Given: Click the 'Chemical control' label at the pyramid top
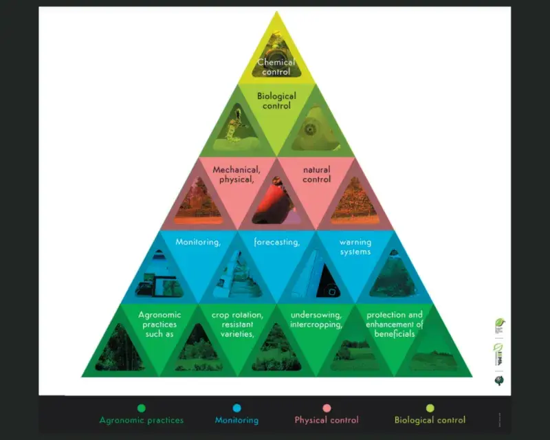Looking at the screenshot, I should pos(276,67).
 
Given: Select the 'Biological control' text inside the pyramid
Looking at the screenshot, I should pos(276,101).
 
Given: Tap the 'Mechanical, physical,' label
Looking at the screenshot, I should pos(236,175).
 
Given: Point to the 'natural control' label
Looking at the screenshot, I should pos(316,175).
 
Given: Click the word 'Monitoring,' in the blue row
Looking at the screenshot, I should pos(198,242).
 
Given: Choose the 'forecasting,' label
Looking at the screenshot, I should pos(276,242).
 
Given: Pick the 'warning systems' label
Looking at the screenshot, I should pos(355,247).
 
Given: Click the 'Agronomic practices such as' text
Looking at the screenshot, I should pos(159,324).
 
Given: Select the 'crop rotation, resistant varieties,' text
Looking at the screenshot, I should pos(237,324).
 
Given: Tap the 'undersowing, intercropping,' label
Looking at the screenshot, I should pos(316,320).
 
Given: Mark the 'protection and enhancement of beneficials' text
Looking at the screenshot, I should pos(395,324).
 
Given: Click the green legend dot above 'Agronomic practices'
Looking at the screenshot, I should pos(142,408).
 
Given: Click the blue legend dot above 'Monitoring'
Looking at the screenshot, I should pos(237,408).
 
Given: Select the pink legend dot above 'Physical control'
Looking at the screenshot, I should pos(327,408).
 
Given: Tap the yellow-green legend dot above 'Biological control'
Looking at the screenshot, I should pos(430,408).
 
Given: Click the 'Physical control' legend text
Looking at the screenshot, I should pos(327,420).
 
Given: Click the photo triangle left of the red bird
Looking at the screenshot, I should pos(199,203).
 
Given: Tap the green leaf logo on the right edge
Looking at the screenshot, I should pos(500,323).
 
